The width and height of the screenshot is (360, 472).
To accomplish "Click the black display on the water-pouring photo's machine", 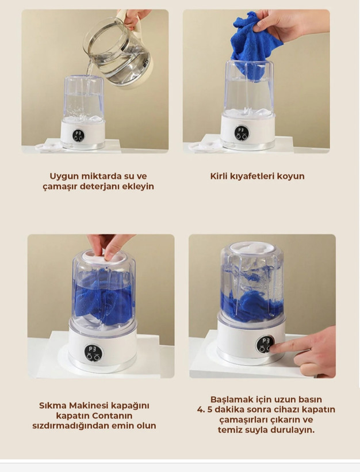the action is pos(78,135).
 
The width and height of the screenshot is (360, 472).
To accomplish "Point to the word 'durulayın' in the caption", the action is pos(289,430).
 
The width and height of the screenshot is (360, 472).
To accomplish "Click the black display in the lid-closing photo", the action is pos(94,353).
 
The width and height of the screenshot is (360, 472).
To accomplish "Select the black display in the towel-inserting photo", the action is pos(242,133).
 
